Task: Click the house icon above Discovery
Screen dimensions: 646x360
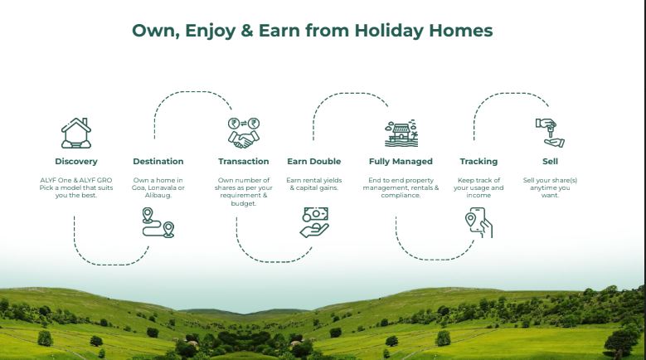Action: coord(76,133)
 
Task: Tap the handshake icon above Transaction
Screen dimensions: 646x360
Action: coord(244,133)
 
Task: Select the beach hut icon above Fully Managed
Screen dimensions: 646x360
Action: coord(401,134)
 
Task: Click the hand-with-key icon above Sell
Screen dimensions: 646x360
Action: coord(550,133)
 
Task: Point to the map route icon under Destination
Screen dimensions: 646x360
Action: coord(158,223)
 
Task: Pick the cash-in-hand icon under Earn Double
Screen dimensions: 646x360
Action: coord(314,222)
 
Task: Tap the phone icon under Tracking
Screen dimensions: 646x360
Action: coord(478,223)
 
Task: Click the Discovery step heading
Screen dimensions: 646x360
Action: coord(76,162)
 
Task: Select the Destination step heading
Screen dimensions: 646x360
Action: coord(158,162)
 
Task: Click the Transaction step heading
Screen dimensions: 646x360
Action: coord(244,162)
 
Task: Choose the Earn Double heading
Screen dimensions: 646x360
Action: coord(314,162)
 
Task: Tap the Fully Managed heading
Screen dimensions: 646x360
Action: coord(401,162)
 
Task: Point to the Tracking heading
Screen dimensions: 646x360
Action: coord(478,162)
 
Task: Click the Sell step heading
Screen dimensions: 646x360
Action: coord(550,162)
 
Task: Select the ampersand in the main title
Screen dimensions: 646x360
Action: coord(247,31)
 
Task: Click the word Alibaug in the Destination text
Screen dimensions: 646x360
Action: coord(158,195)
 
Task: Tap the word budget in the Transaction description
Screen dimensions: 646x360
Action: coord(244,203)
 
